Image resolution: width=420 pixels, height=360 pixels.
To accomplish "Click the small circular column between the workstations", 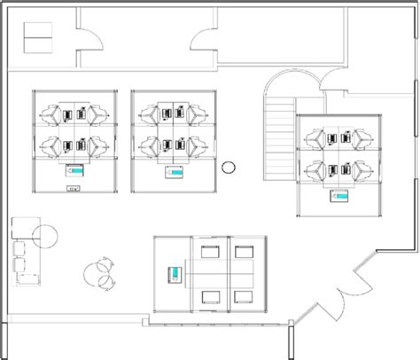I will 229,166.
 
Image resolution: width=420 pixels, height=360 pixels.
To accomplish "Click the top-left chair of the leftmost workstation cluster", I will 51,114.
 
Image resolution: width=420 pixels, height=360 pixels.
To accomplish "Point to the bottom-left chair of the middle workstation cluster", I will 149,145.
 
